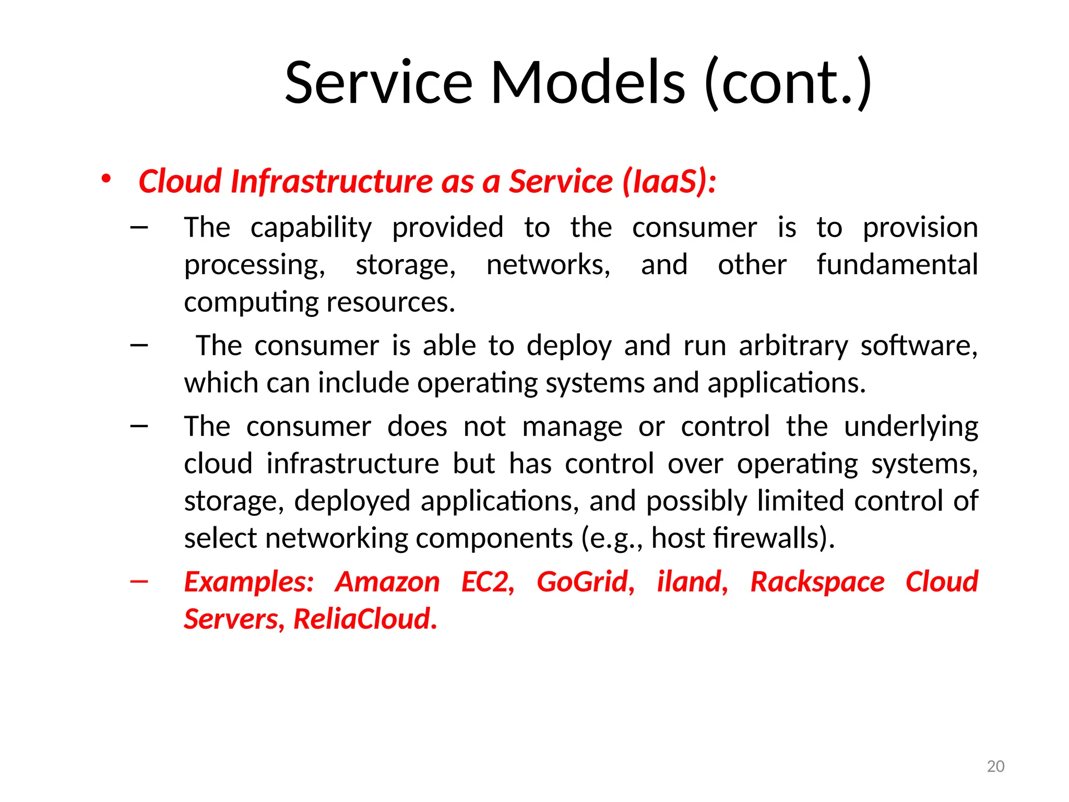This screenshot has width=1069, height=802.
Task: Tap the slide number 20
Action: coord(995,766)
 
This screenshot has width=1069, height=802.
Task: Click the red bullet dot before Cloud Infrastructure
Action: coord(106,179)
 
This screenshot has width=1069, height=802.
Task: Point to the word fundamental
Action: coord(897,265)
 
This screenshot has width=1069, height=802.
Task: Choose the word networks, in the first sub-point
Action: coord(548,265)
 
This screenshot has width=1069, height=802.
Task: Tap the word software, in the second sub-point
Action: coord(919,346)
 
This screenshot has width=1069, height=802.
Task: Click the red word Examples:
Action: coord(249,582)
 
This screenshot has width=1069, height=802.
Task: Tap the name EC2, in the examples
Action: coord(488,582)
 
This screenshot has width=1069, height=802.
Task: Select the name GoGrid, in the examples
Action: coord(586,582)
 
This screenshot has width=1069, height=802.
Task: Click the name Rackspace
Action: coord(817,582)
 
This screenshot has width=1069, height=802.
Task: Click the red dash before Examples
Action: coord(139,581)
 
